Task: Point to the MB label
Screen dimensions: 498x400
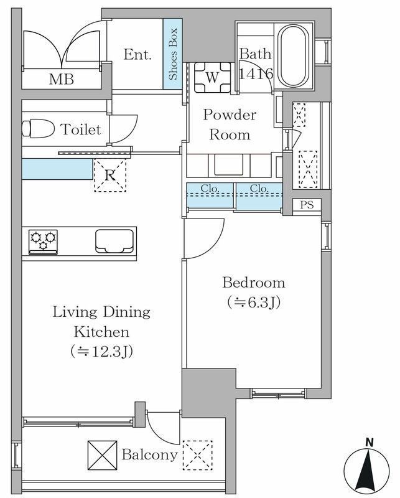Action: point(62,79)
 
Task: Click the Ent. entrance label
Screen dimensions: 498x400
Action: point(137,54)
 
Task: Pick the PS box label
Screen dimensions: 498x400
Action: point(307,205)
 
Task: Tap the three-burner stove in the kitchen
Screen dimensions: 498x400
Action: point(44,241)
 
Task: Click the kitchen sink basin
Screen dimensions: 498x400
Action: point(114,241)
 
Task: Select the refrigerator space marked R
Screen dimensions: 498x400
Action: point(109,174)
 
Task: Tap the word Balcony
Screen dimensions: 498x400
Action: point(149,455)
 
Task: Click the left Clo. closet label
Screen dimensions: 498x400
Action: point(208,188)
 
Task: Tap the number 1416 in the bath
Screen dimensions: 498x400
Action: point(256,73)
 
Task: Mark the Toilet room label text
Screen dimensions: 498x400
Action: point(80,129)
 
